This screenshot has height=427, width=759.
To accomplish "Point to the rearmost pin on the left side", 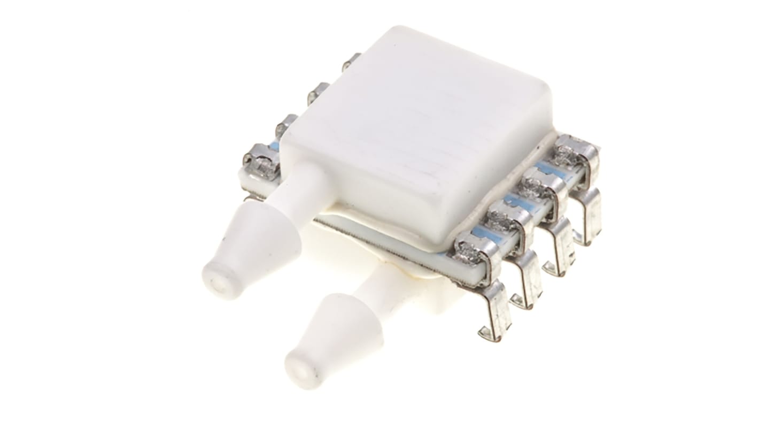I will coord(351,62).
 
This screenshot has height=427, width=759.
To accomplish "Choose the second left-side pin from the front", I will coord(288,125).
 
